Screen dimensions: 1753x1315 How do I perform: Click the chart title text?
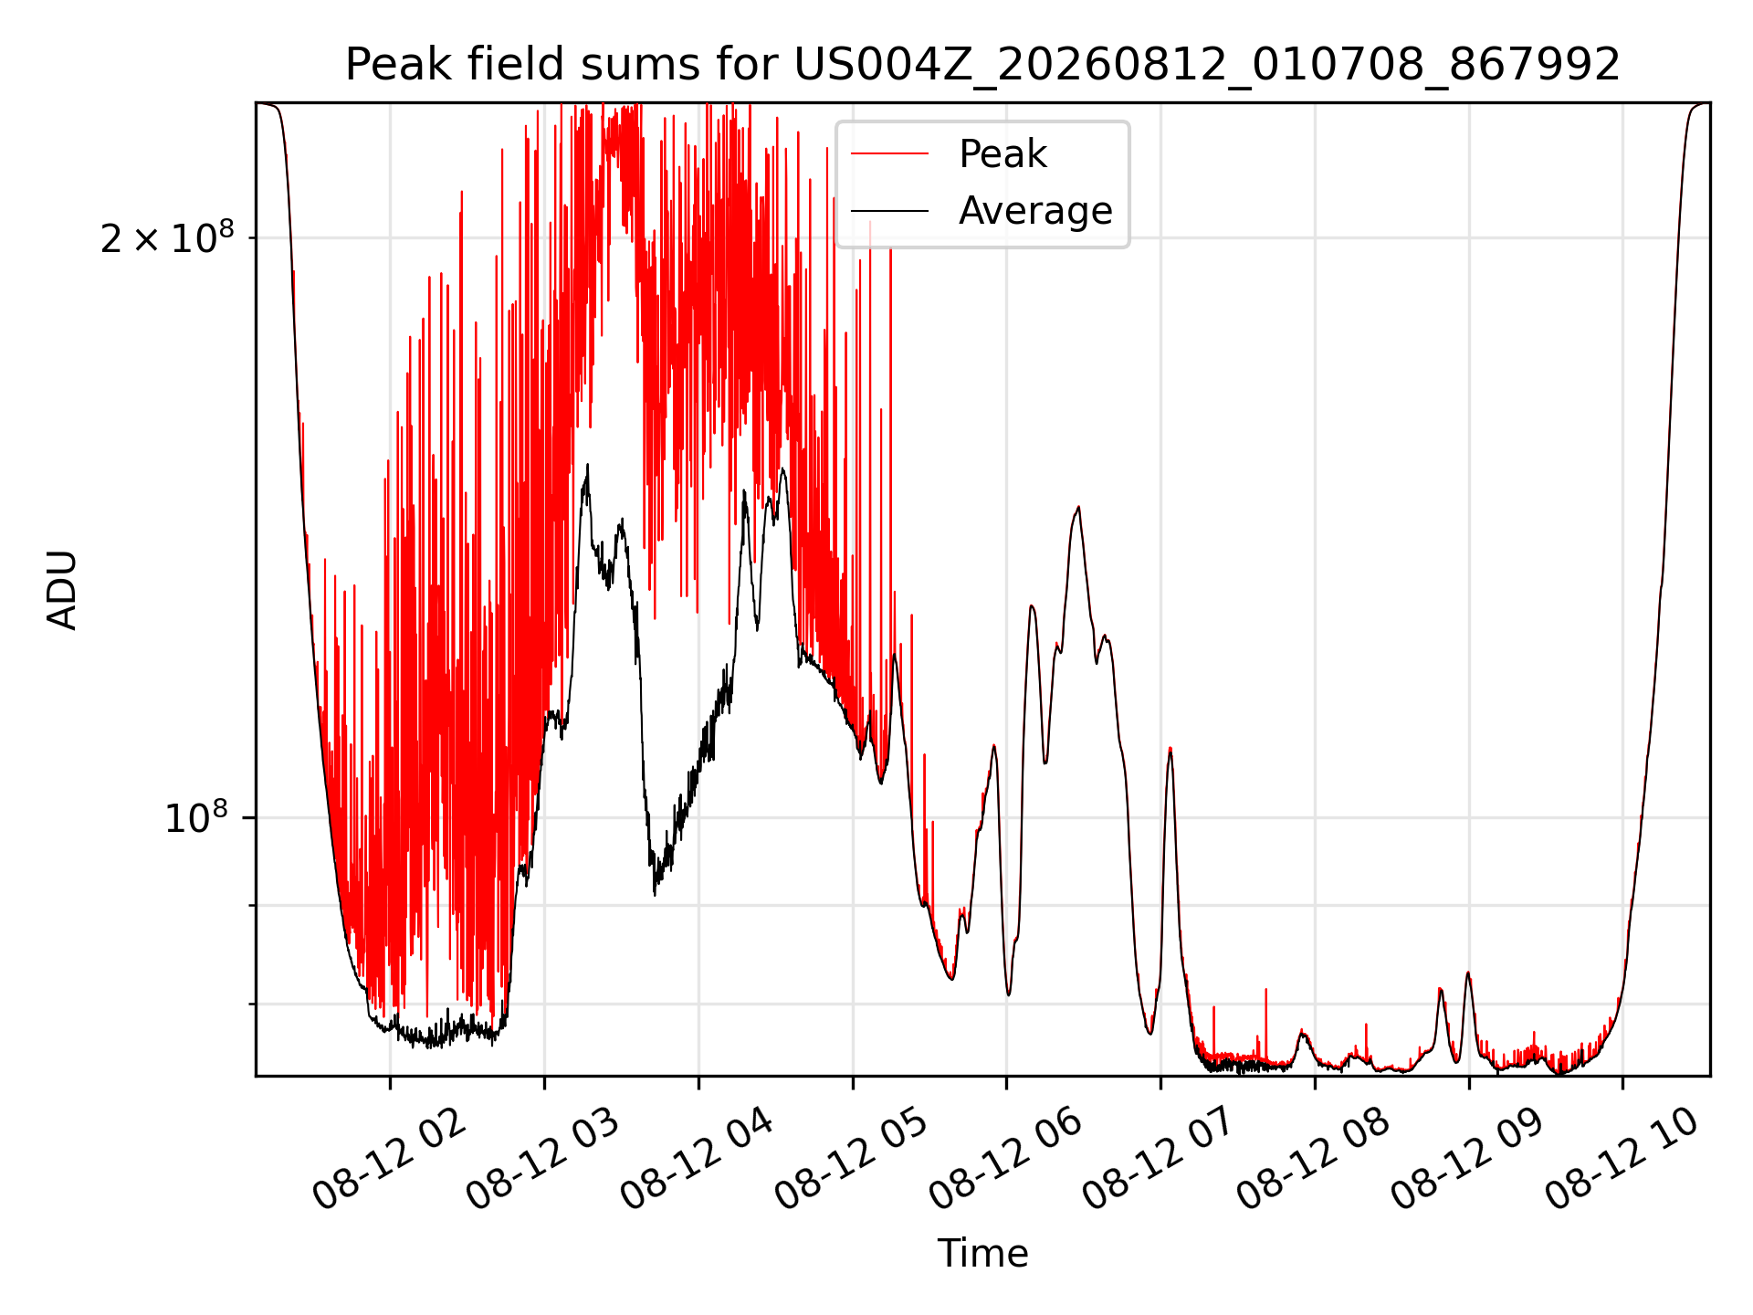click(x=982, y=65)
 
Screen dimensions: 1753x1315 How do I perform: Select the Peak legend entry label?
click(x=1002, y=154)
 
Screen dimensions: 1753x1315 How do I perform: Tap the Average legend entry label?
click(x=1035, y=211)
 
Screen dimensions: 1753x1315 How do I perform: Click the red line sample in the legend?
click(x=890, y=154)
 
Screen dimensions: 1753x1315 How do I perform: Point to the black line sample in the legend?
click(x=890, y=211)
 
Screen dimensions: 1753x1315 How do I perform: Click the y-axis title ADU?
click(x=62, y=590)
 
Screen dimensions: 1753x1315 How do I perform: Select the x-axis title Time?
click(x=982, y=1254)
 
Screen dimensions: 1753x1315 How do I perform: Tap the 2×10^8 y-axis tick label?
click(x=167, y=237)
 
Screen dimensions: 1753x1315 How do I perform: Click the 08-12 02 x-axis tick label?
click(x=388, y=1161)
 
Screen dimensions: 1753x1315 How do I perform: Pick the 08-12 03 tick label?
click(x=542, y=1161)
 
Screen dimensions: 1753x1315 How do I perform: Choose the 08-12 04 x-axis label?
click(x=697, y=1161)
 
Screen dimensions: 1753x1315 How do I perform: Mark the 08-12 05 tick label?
click(x=851, y=1161)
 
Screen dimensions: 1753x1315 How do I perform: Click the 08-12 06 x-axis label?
click(x=1005, y=1161)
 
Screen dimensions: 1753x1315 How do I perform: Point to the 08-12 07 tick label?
click(x=1159, y=1161)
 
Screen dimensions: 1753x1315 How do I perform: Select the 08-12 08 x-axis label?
click(x=1313, y=1161)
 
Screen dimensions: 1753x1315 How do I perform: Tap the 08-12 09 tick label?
click(x=1467, y=1161)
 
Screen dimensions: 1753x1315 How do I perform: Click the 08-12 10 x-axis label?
click(x=1622, y=1161)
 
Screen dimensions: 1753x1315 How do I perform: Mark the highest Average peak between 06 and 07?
click(x=1078, y=507)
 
